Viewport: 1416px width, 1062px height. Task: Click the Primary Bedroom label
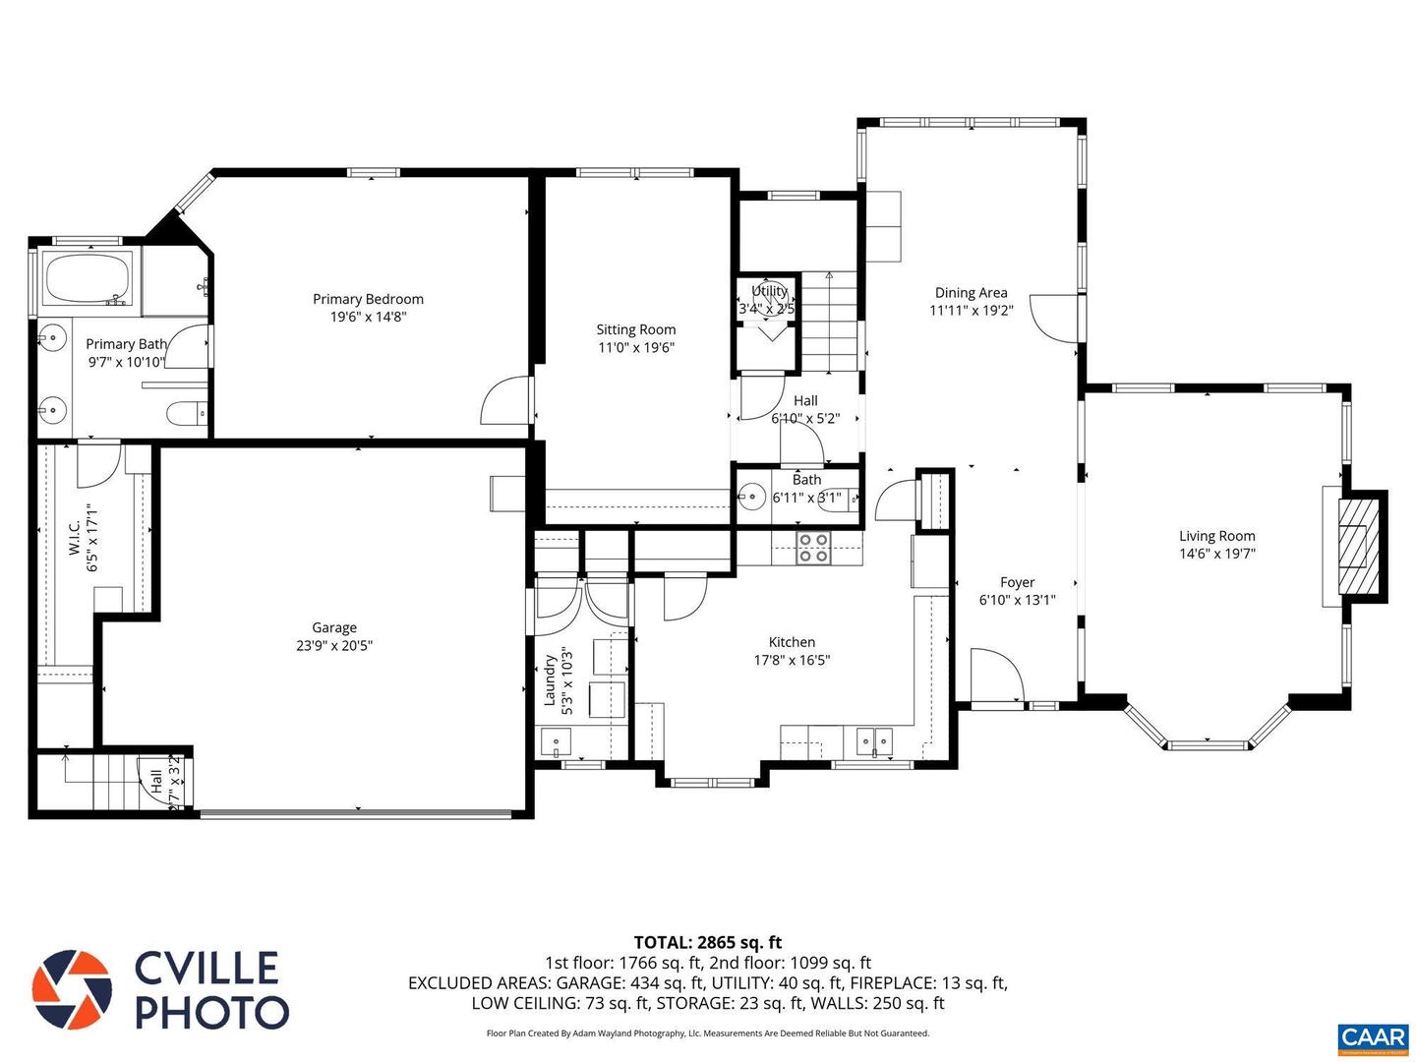coord(368,299)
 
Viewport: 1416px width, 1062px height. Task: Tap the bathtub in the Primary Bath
coord(88,278)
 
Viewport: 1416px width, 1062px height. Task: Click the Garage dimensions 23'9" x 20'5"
coord(334,646)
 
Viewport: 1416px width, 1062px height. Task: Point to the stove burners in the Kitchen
coord(813,548)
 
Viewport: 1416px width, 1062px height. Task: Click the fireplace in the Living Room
coord(1359,545)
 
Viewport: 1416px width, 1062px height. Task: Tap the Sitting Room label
coord(635,329)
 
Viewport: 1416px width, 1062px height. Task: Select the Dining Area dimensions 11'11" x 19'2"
coord(971,311)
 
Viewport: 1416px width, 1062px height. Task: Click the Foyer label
coord(1017,582)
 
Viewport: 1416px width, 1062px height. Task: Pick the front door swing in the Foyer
coord(996,676)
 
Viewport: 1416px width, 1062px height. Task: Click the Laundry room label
coord(551,680)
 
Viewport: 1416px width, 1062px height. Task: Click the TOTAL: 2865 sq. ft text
coord(707,942)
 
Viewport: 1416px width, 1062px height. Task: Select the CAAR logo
coord(1373,1036)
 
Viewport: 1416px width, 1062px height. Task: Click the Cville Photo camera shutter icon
coord(72,989)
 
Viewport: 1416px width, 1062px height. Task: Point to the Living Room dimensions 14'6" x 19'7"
coord(1216,554)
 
